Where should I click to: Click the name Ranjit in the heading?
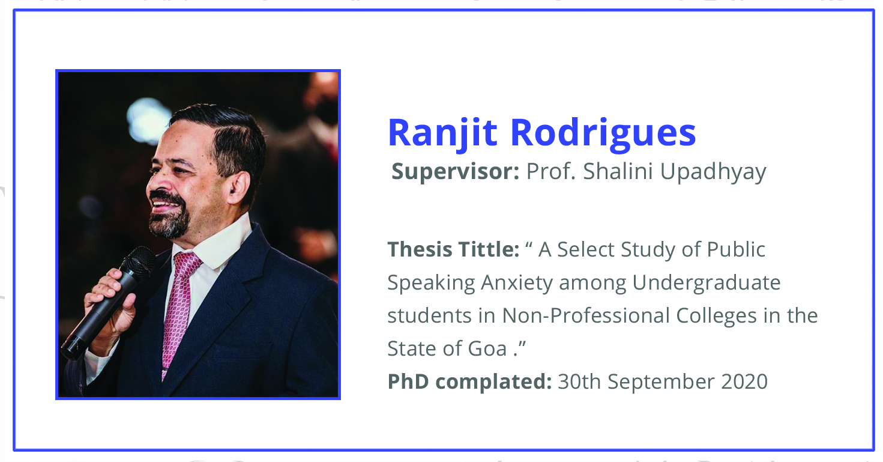442,133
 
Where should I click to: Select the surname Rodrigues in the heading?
603,133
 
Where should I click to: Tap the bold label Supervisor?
455,172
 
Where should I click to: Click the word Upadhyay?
713,172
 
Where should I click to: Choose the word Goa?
487,349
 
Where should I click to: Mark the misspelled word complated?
493,382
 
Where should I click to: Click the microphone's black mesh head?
138,263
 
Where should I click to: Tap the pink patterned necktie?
179,312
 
